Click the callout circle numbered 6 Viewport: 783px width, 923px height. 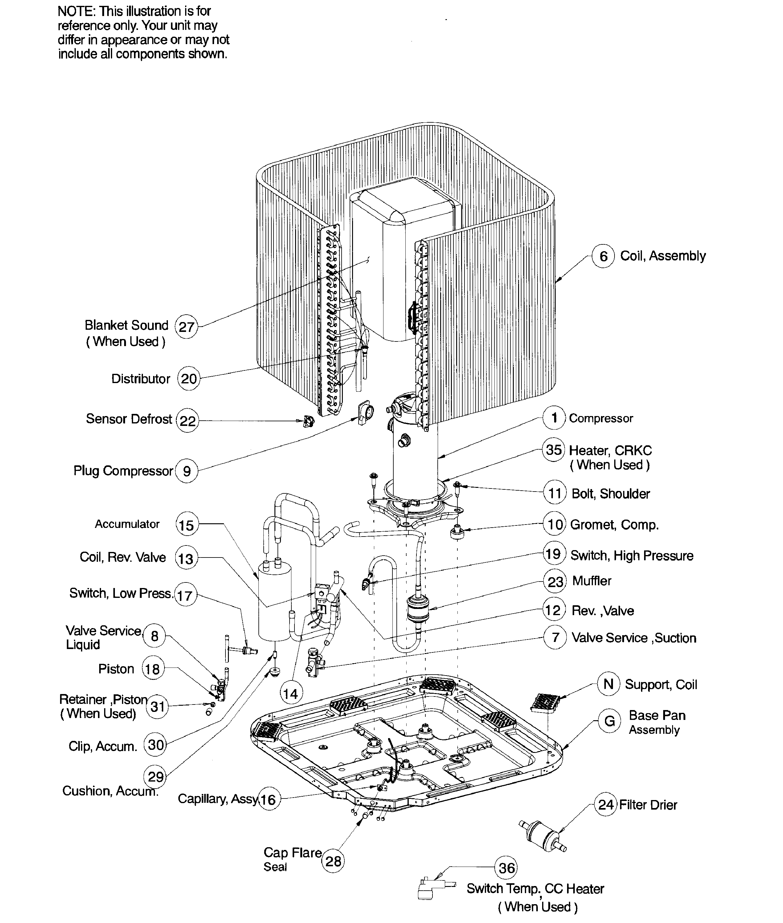coord(603,256)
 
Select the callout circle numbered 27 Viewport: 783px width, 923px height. coord(186,327)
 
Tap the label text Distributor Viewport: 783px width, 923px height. coord(141,379)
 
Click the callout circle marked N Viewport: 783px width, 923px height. coord(609,684)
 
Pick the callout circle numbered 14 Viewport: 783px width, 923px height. coord(291,693)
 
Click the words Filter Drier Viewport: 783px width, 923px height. coord(648,805)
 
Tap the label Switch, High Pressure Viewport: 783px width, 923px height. coord(632,556)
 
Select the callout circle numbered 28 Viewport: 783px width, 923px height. coord(333,861)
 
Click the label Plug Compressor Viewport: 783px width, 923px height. coord(123,471)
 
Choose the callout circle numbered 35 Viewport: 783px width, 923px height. coord(554,450)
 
